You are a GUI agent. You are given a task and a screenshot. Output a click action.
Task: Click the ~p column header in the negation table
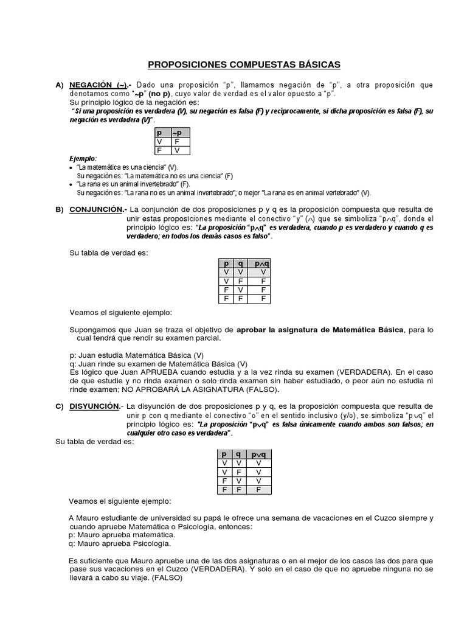180,132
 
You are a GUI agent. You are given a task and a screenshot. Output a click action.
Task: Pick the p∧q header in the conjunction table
260,263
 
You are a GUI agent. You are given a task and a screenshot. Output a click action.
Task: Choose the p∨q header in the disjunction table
258,454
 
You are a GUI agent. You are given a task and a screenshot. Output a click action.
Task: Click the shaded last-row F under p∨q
258,489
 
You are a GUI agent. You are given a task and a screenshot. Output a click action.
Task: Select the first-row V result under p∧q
263,272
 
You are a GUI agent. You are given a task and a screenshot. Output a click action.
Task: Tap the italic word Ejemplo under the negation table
83,158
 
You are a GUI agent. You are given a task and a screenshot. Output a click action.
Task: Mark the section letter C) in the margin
60,406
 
